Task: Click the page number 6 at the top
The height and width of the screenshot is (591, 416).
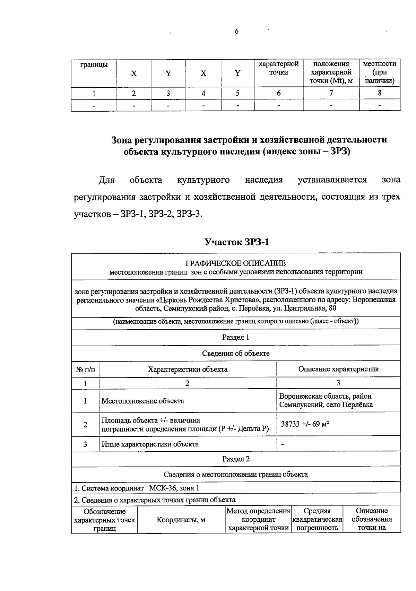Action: tap(236, 32)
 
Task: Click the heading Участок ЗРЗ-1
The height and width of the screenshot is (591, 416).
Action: tap(236, 242)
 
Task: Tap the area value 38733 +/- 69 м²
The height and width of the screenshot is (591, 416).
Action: tap(305, 424)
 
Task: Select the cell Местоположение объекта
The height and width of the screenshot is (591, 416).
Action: tap(142, 401)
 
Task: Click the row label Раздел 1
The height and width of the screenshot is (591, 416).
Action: tap(236, 337)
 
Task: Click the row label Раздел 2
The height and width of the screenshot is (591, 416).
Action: tap(236, 459)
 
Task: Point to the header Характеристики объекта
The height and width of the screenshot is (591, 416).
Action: tap(188, 369)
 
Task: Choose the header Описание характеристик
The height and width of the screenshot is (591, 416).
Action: tap(338, 369)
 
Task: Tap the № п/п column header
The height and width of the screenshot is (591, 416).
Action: tap(85, 370)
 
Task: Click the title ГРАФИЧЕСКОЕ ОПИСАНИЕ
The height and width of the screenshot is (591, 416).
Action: tap(236, 263)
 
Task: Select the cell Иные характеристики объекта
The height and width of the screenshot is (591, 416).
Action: tap(150, 444)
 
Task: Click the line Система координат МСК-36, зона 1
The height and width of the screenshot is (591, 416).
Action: tap(137, 488)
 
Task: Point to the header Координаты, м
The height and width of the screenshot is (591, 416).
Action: tap(181, 520)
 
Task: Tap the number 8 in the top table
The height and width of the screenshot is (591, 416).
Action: tap(380, 93)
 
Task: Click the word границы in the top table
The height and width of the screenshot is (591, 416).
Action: tap(94, 64)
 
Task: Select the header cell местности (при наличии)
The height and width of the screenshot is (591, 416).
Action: tap(380, 72)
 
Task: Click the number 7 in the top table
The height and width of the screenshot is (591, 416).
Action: tap(331, 93)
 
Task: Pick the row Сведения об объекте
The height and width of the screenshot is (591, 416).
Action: tap(236, 353)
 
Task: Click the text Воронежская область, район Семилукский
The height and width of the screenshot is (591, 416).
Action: tap(326, 400)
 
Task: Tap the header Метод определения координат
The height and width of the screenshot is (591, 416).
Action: tap(258, 519)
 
